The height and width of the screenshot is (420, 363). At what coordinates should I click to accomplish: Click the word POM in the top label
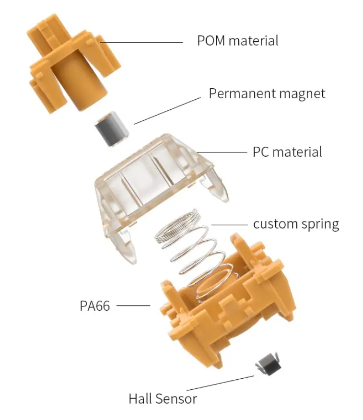(211, 41)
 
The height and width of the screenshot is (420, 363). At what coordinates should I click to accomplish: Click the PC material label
(287, 152)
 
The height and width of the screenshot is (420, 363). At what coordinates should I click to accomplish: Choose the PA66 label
(95, 305)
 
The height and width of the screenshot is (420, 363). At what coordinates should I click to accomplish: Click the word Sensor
(176, 398)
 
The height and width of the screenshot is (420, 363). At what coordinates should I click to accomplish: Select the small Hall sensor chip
(269, 364)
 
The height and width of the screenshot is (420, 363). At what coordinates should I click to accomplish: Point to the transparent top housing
(161, 193)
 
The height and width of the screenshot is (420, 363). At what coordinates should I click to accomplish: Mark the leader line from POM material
(141, 42)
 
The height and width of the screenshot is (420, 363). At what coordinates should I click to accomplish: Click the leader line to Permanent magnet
(167, 111)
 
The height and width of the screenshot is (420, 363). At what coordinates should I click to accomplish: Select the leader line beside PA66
(133, 305)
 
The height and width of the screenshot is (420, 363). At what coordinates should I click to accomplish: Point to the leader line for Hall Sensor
(220, 383)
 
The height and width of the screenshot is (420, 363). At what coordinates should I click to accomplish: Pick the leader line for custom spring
(229, 225)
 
